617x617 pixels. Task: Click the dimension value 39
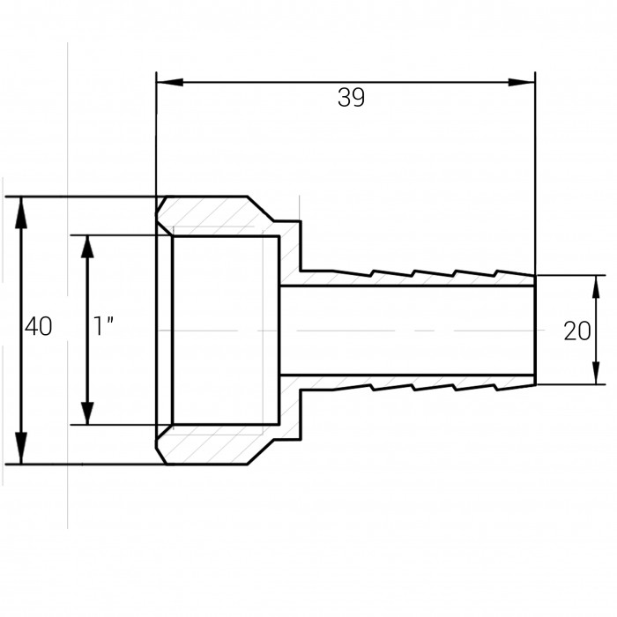point(351,98)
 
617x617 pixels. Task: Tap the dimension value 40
point(38,327)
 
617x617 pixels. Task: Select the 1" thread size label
point(105,327)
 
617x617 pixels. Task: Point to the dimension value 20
point(576,331)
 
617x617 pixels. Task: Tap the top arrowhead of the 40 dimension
point(22,208)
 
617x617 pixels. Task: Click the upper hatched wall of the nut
point(229,217)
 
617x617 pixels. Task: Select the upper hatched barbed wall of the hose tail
point(414,279)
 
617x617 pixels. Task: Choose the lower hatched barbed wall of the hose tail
point(414,381)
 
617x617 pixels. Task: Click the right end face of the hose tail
point(535,330)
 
